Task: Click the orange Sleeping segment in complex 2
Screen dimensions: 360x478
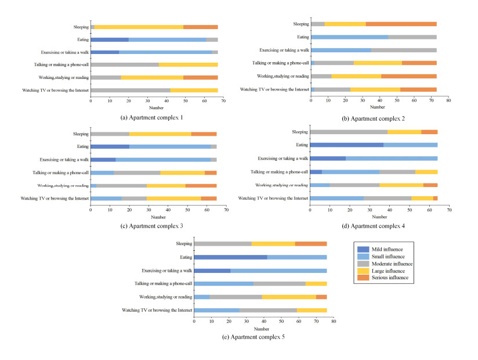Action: pyautogui.click(x=401, y=24)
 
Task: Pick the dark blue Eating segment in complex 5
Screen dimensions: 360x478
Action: pyautogui.click(x=230, y=257)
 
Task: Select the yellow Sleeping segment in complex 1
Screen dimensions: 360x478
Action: pyautogui.click(x=139, y=27)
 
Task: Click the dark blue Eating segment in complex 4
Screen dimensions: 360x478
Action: pyautogui.click(x=347, y=145)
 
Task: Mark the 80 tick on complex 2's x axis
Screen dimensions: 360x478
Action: pyautogui.click(x=448, y=100)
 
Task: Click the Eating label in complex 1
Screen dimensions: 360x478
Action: pyautogui.click(x=82, y=39)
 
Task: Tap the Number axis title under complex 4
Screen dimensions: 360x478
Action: pyautogui.click(x=378, y=216)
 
